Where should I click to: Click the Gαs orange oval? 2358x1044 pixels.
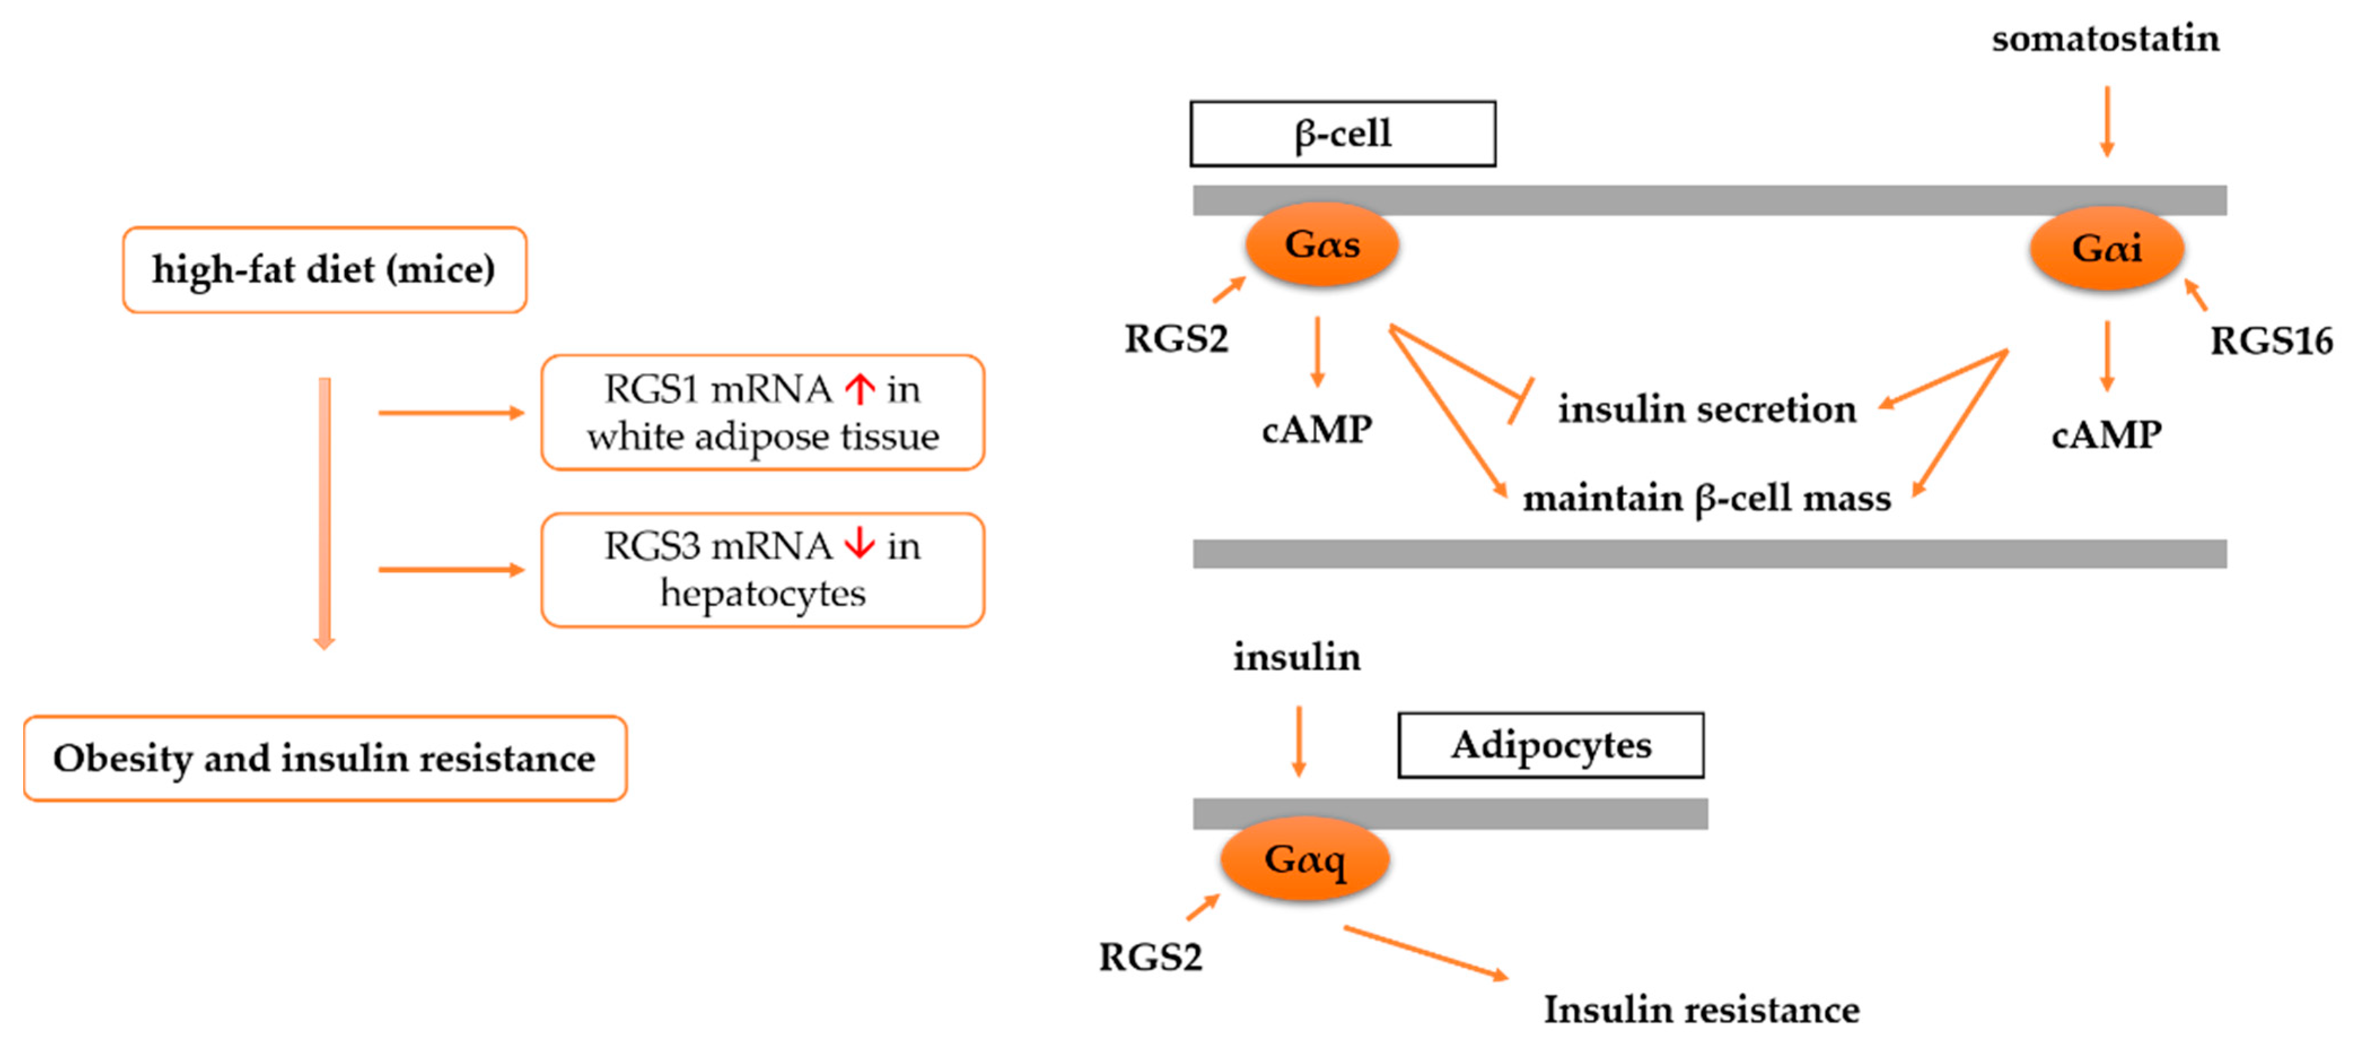tap(1322, 244)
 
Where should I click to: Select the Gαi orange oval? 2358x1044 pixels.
tap(2106, 248)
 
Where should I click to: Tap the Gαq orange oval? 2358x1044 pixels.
tap(1305, 859)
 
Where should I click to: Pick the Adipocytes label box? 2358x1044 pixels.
tap(1550, 745)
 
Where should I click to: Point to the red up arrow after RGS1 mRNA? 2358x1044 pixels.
tap(859, 389)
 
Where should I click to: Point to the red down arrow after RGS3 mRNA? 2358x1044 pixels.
tap(859, 544)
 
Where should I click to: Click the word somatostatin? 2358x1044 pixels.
tap(2105, 38)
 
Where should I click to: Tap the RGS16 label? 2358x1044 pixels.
tap(2271, 341)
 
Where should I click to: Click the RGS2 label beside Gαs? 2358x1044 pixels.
tap(1175, 339)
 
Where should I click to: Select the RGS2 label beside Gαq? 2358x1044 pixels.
tap(1150, 957)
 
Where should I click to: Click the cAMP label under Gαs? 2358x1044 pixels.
tap(1316, 428)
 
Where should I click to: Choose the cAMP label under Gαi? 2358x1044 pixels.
tap(2106, 434)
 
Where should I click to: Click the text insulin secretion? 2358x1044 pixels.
tap(1707, 409)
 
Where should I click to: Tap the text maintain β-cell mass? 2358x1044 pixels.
tap(1706, 498)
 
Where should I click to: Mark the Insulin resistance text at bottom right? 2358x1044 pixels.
tap(1701, 1009)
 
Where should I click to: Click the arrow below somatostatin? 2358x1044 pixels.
tap(2106, 121)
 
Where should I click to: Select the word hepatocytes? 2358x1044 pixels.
tap(762, 594)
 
